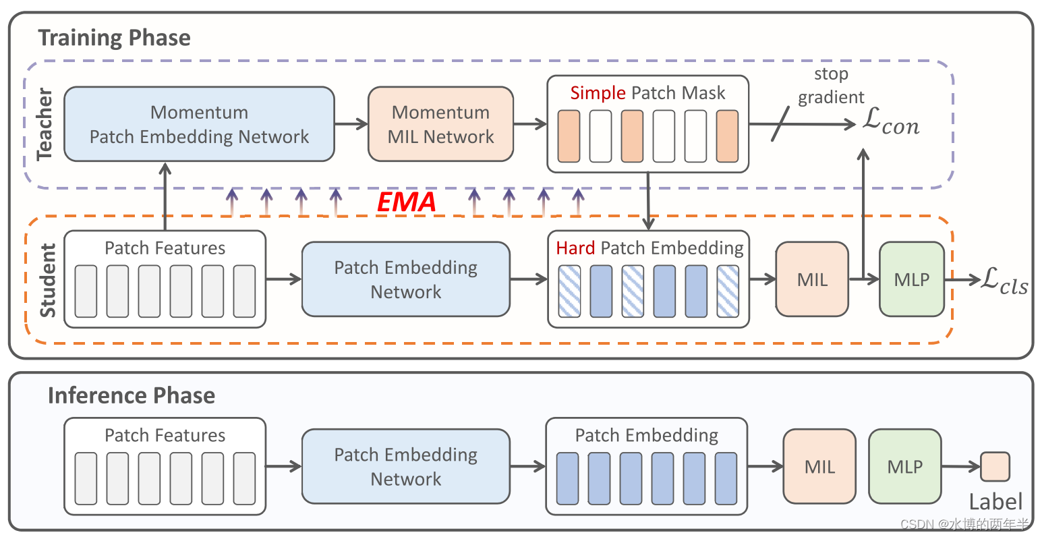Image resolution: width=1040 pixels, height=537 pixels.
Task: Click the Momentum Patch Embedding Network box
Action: [x=199, y=124]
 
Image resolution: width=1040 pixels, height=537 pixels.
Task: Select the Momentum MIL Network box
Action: [x=440, y=124]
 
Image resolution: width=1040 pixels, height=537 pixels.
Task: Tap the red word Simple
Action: [x=598, y=93]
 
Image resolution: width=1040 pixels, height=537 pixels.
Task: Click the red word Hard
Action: [x=575, y=248]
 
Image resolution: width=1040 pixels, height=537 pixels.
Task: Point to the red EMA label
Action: [x=406, y=202]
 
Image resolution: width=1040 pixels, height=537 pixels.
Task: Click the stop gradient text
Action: [x=831, y=86]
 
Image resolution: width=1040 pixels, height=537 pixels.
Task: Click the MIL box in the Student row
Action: [x=812, y=279]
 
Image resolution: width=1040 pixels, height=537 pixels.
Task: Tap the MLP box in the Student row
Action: [x=912, y=279]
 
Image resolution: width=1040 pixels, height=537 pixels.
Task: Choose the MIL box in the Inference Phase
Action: [x=819, y=466]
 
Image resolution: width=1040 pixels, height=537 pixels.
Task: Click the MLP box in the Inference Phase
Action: [x=904, y=466]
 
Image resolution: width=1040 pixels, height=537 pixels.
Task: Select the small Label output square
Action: [x=995, y=467]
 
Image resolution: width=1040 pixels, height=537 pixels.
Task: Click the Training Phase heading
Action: [x=114, y=38]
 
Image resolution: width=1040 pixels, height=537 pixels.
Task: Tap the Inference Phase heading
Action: [x=132, y=395]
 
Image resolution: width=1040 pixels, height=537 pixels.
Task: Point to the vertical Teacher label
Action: [x=45, y=123]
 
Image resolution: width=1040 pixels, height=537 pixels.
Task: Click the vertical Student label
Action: [x=48, y=281]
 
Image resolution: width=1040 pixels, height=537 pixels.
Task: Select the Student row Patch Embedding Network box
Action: [x=405, y=279]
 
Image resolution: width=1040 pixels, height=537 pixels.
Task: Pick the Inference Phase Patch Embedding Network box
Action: [x=405, y=466]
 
